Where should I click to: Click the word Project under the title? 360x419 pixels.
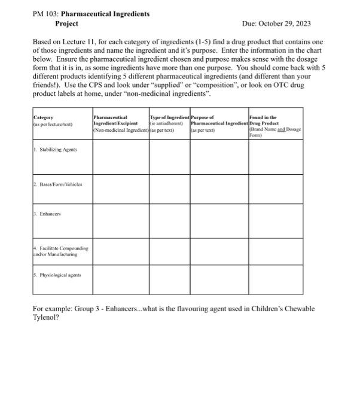pyautogui.click(x=66, y=23)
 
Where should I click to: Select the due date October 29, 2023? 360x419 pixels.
pyautogui.click(x=285, y=23)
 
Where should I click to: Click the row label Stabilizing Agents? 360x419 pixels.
pyautogui.click(x=56, y=148)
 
